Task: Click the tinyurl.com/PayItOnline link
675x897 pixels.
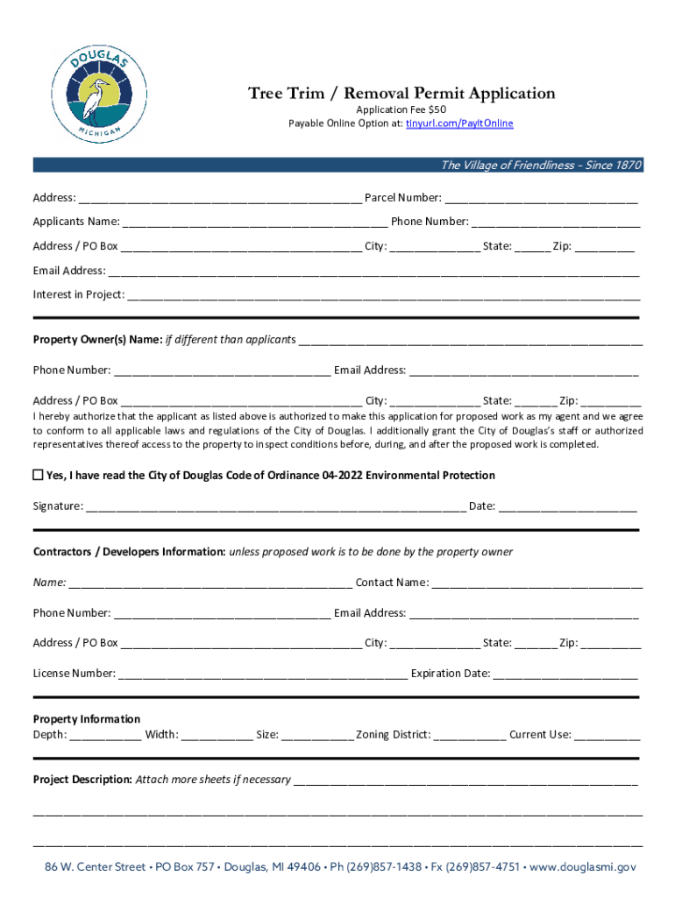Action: (458, 124)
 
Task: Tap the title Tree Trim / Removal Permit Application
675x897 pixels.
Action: (401, 93)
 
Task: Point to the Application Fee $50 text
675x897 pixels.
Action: (401, 109)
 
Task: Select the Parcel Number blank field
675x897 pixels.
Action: (541, 199)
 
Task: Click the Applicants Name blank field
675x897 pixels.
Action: (255, 222)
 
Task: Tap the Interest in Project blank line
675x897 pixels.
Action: (383, 295)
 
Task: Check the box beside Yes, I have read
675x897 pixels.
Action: (38, 475)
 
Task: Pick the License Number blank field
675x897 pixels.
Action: (262, 675)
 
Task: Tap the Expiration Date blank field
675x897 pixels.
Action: (565, 675)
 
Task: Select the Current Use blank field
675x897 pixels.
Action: (607, 736)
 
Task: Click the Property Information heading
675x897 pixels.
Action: (87, 719)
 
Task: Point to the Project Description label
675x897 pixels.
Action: (82, 779)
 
